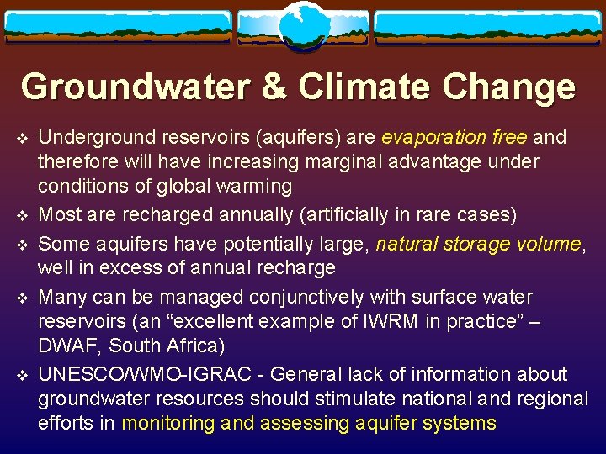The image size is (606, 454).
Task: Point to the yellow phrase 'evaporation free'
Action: [x=454, y=136]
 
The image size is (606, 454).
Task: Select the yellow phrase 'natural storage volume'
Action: [x=478, y=244]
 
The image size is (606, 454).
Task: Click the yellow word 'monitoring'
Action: [x=168, y=422]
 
